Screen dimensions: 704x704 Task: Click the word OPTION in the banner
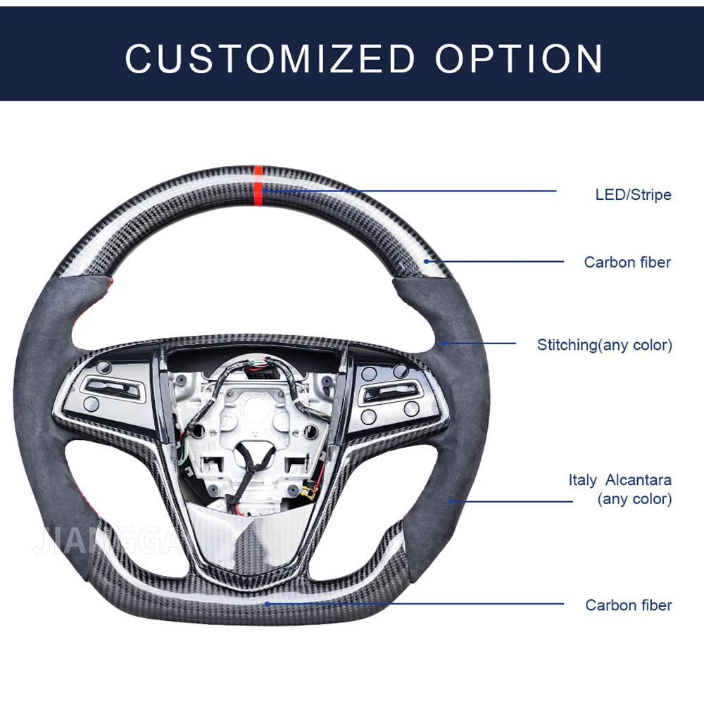[x=519, y=59]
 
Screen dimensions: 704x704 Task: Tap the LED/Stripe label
[x=633, y=194]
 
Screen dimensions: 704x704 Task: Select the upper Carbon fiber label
[x=627, y=262]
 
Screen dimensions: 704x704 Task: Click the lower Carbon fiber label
[x=628, y=605]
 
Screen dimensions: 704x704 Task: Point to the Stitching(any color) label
[x=604, y=344]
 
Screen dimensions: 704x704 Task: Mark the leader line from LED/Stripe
[x=408, y=190]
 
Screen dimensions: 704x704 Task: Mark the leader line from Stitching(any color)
[x=482, y=344]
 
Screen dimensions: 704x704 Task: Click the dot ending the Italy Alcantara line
[x=450, y=501]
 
